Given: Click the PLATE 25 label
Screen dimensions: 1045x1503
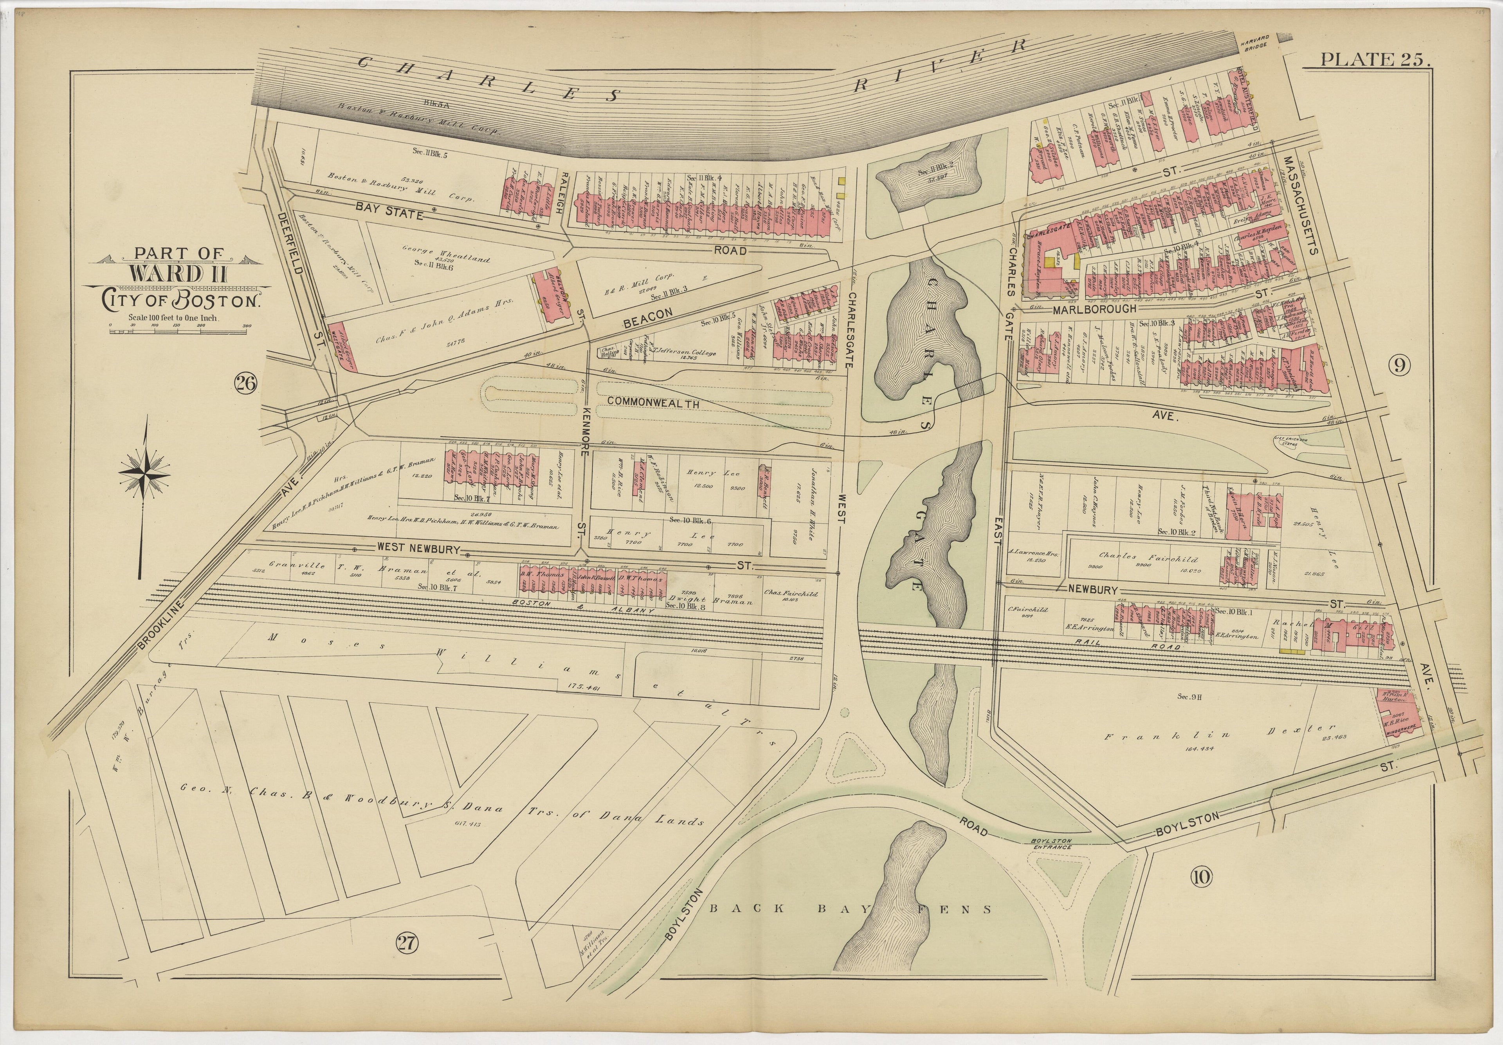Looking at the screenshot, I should click(1375, 59).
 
